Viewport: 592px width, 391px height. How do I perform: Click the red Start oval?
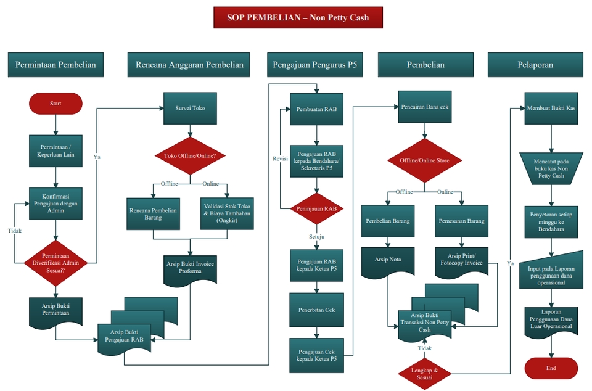coord(55,104)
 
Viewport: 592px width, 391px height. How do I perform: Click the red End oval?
coord(551,368)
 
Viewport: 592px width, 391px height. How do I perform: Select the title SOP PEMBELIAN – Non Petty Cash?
coord(298,17)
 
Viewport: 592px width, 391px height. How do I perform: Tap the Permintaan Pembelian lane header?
coord(55,65)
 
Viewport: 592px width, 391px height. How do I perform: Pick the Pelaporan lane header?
coord(535,65)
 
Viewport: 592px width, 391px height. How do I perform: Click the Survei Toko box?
coord(189,108)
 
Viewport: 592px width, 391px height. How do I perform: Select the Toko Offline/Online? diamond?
coord(189,155)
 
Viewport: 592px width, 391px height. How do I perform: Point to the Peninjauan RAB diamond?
coord(316,208)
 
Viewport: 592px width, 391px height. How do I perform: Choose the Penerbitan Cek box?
coord(316,309)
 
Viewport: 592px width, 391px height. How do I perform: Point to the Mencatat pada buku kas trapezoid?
coord(551,168)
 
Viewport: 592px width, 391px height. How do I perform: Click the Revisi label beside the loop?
coord(281,158)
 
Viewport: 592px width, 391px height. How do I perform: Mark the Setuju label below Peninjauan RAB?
coord(316,236)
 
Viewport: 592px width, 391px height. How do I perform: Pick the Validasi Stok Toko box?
coord(227,213)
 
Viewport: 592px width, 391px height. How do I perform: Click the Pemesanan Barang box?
coord(461,221)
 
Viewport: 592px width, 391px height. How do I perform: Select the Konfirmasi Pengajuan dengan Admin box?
coord(55,204)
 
